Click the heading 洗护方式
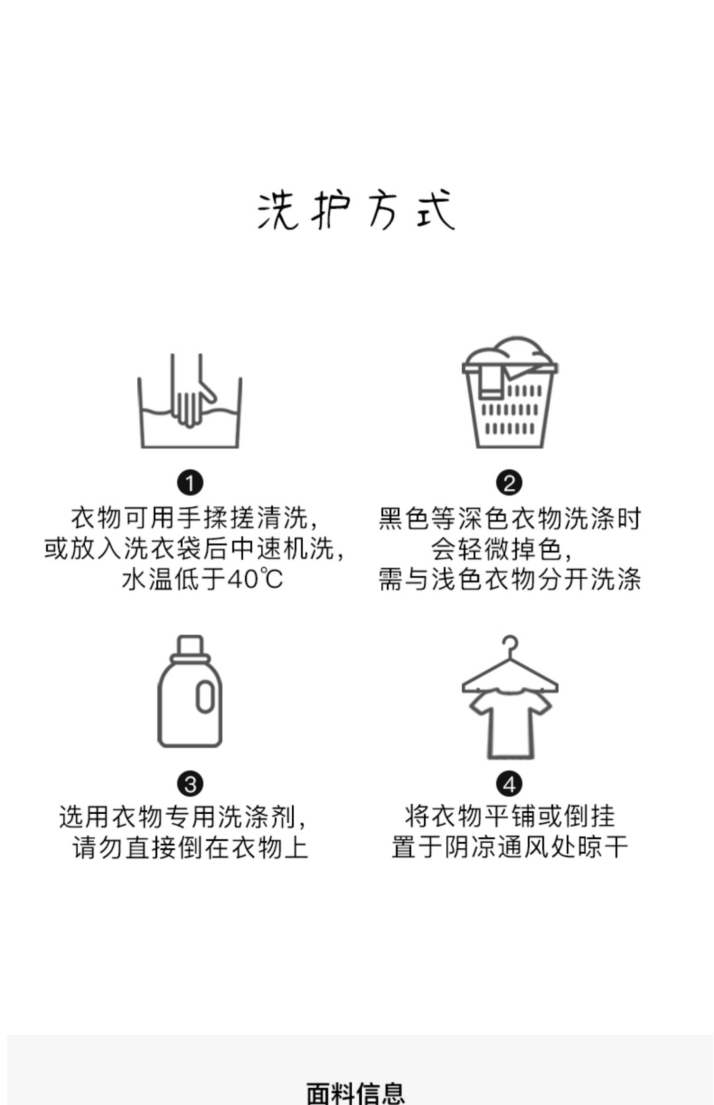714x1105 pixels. (356, 210)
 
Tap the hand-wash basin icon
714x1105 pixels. (189, 402)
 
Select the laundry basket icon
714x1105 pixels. (509, 393)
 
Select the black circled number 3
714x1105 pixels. (190, 784)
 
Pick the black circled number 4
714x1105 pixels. (509, 784)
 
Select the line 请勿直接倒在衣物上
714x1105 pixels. (190, 848)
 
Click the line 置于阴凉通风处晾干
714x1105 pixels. (509, 848)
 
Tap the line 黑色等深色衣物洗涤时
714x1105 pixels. (509, 518)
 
